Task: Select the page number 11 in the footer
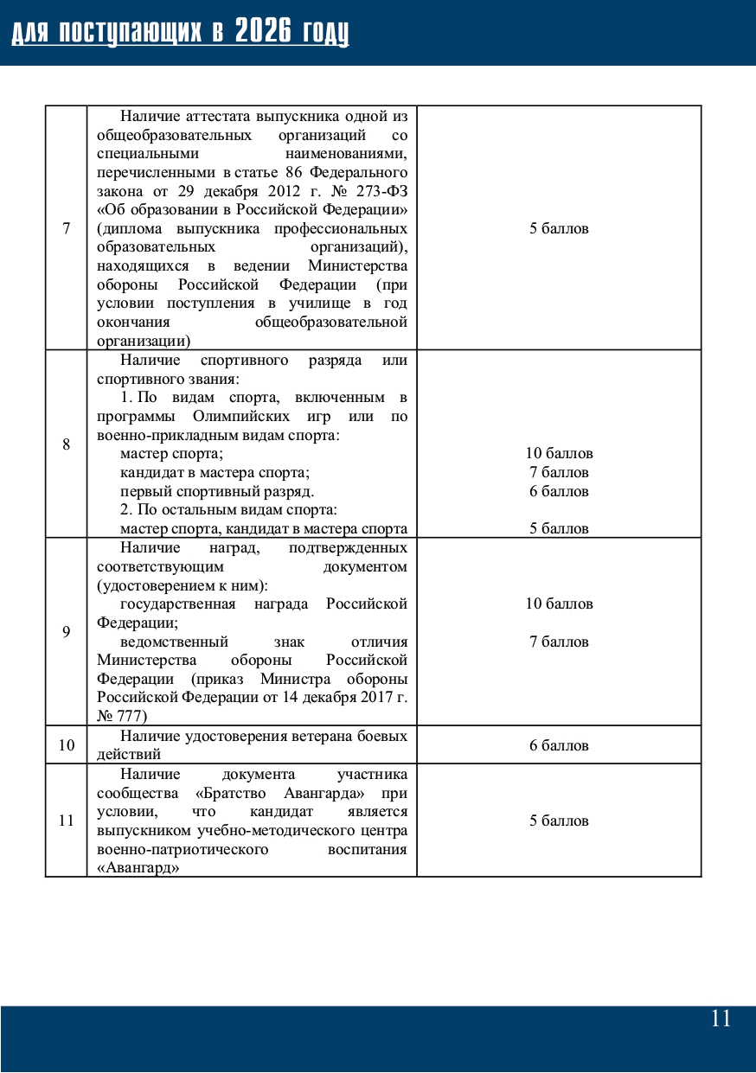[x=721, y=1019]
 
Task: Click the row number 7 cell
[x=67, y=228]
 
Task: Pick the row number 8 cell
[x=67, y=444]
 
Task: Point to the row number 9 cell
[x=67, y=632]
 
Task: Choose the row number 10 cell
[x=67, y=745]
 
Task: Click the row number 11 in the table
[x=67, y=821]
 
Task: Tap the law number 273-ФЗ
[x=381, y=191]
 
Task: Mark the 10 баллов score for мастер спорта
[x=559, y=454]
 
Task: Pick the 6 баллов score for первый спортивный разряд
[x=559, y=491]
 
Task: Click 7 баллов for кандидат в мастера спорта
[x=559, y=473]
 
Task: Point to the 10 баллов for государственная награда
[x=559, y=604]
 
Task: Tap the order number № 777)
[x=122, y=716]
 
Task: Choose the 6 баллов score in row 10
[x=559, y=745]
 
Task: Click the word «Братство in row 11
[x=226, y=793]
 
